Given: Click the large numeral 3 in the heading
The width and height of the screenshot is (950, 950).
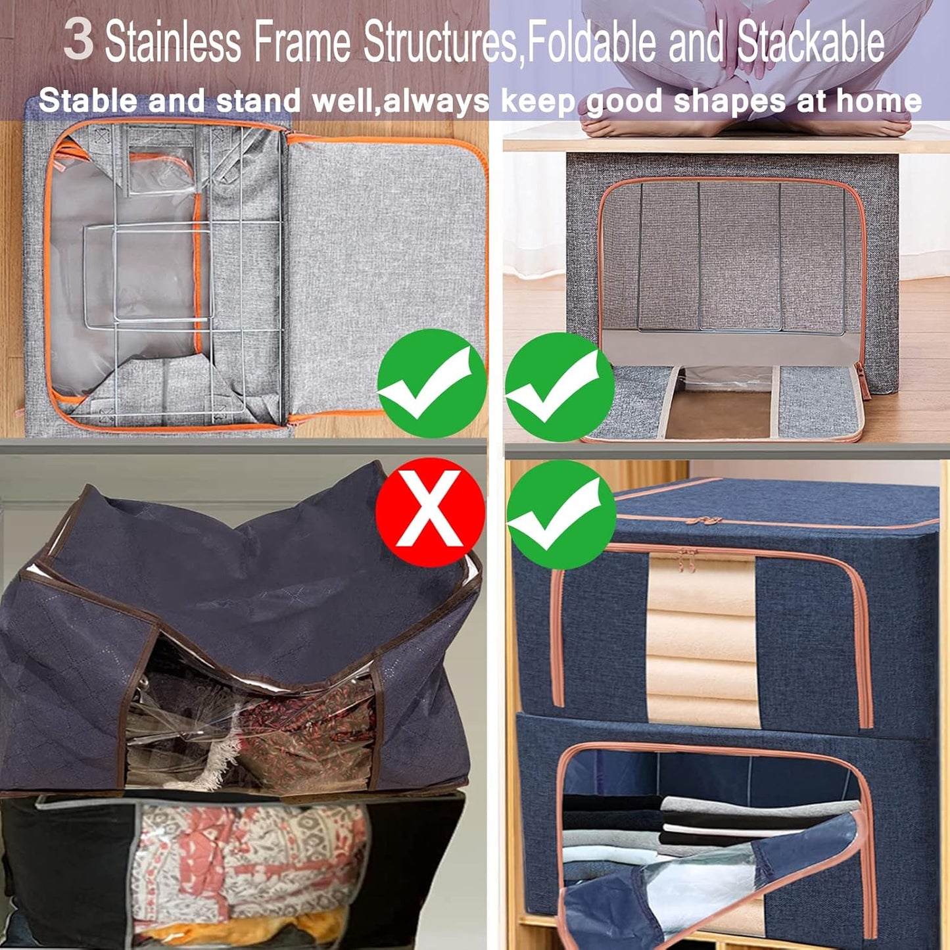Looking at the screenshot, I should coord(78,41).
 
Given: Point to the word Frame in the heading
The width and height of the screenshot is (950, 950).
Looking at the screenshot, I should coord(302,42).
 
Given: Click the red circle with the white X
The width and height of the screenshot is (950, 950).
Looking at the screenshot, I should coord(431,512).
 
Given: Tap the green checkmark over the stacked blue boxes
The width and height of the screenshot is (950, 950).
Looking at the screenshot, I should coord(560,515).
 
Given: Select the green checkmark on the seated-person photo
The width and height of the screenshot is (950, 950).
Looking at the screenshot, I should coord(559,387).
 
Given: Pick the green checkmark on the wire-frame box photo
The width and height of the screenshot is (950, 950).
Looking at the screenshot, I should coord(432,384).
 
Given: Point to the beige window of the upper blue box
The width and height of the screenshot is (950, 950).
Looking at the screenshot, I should coord(701,641).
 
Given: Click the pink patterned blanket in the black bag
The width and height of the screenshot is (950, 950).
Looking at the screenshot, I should coord(250,861).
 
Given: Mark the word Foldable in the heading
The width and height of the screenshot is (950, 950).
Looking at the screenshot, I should coord(591,42).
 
